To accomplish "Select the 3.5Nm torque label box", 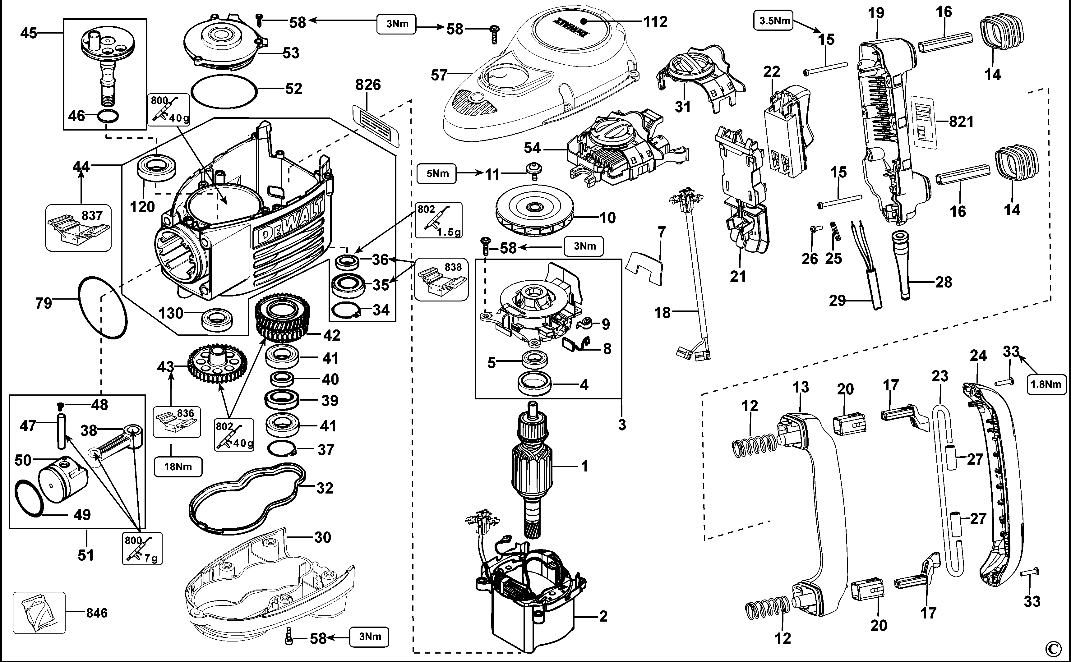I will click(x=773, y=20).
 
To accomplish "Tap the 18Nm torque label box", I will click(x=178, y=467).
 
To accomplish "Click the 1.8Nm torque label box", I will click(x=1046, y=384).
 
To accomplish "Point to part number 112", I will click(x=655, y=21).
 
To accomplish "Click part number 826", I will click(x=368, y=85).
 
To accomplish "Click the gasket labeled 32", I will click(x=247, y=499).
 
